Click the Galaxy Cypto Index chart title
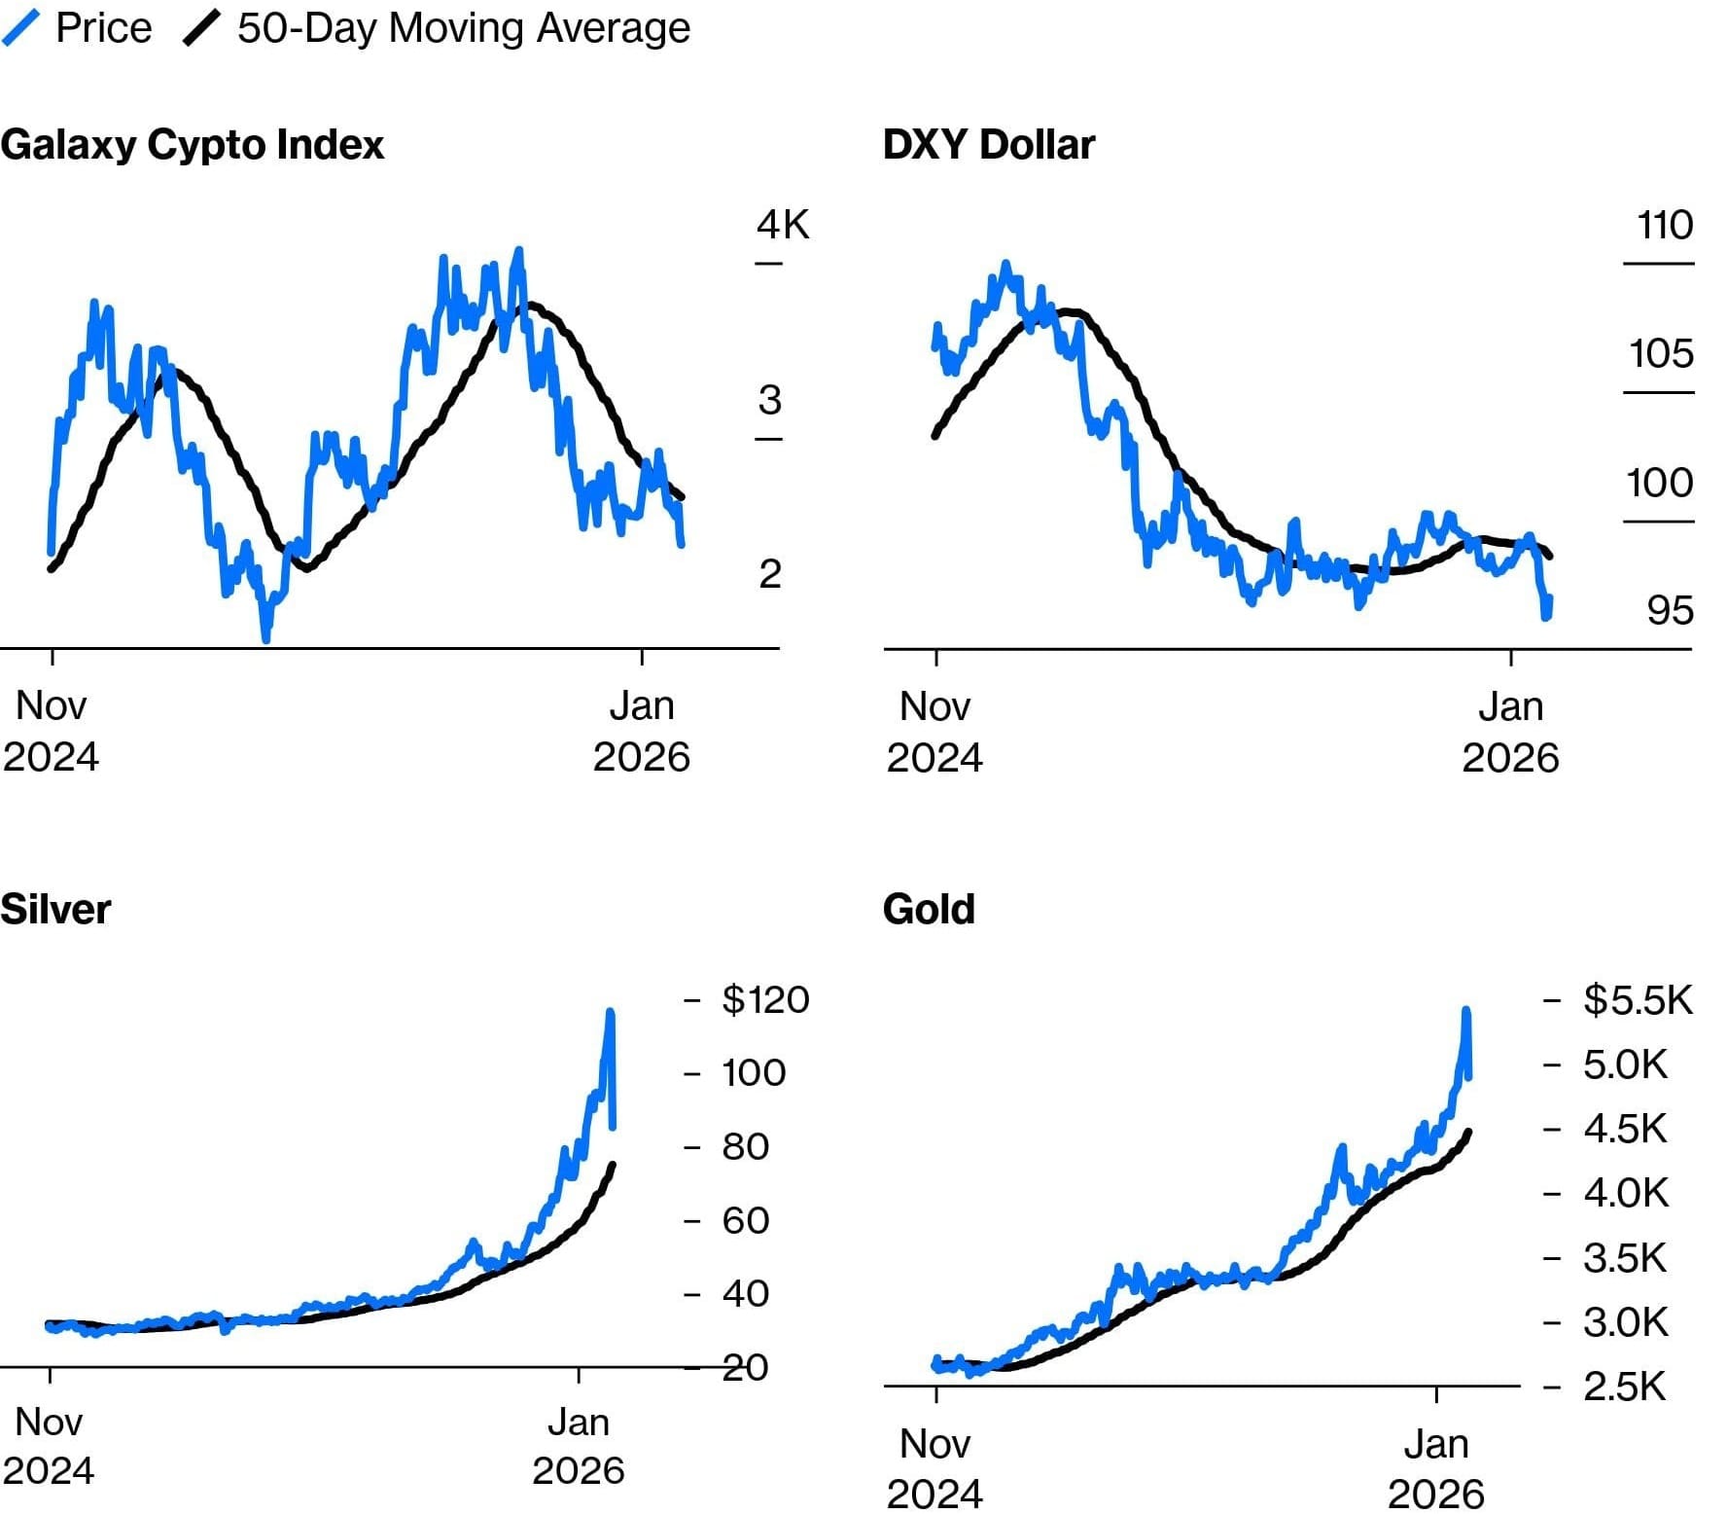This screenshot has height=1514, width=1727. coord(193,145)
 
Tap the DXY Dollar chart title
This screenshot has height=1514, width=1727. coord(988,145)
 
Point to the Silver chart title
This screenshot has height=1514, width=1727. coord(55,909)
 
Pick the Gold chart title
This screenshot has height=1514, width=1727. coord(929,909)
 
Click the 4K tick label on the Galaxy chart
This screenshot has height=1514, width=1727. coord(783,225)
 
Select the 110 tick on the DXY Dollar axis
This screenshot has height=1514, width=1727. coord(1665,225)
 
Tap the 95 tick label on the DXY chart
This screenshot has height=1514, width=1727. coord(1670,610)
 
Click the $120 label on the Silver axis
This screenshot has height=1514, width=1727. coord(765,999)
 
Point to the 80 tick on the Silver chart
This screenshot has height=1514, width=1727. coord(745,1146)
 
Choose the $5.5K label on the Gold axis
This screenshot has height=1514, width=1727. coord(1638,999)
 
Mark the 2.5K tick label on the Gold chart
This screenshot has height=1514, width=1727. coord(1624,1386)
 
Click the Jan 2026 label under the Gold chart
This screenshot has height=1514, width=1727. coord(1435,1468)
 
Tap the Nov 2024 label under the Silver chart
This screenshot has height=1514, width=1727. coord(49,1446)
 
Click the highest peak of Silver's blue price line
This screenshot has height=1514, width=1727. coord(611,1012)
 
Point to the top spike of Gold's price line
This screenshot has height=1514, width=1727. coord(1465,1011)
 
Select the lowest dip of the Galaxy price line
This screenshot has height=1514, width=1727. coord(265,638)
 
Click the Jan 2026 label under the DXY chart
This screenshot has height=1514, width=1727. coord(1510,732)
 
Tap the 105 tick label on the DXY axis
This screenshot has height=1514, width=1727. coord(1661,353)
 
